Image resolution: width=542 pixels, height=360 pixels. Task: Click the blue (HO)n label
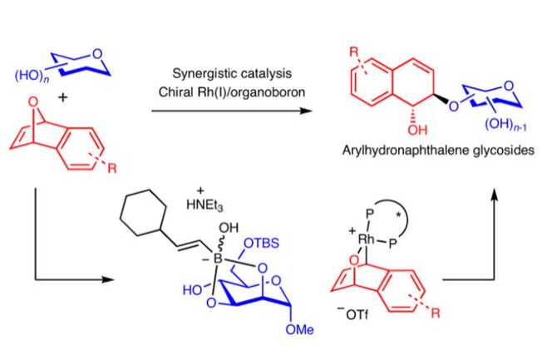[31, 76]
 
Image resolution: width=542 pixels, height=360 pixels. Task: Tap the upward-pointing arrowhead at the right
[495, 193]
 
